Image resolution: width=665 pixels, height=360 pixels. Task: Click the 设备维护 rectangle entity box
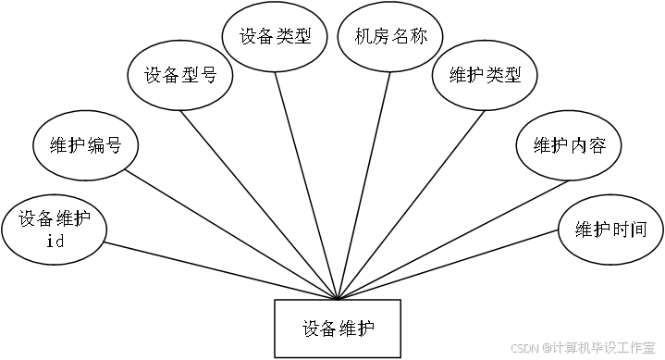coord(338,329)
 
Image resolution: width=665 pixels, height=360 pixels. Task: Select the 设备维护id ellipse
coord(54,230)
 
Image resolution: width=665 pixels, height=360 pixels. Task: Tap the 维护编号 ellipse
coord(86,145)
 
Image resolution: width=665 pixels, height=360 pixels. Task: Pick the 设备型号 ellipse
coord(180,75)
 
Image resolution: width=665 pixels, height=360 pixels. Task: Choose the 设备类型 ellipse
coord(276,36)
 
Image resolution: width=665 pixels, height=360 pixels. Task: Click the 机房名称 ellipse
coord(390,36)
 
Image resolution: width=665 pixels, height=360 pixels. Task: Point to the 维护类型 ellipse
coord(485,76)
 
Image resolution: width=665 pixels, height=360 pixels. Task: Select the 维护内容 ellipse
coord(569,145)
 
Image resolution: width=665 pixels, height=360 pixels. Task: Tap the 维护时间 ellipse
coord(610,230)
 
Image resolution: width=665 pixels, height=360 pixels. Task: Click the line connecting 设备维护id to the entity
coord(221,271)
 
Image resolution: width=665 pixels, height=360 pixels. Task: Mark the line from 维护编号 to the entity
coord(231,235)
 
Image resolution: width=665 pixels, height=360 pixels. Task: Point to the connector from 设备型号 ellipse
coord(259,205)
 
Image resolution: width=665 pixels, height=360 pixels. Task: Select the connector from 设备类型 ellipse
coord(306,186)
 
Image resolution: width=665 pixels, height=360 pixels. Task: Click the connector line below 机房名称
coord(363,186)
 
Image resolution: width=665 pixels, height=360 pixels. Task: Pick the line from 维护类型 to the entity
coord(411,205)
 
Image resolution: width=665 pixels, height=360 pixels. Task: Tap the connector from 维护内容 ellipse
coord(453,241)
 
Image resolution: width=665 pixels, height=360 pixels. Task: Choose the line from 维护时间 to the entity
coord(448,265)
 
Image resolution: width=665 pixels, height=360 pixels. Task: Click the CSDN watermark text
coord(584,348)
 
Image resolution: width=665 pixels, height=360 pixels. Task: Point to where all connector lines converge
coord(338,299)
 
